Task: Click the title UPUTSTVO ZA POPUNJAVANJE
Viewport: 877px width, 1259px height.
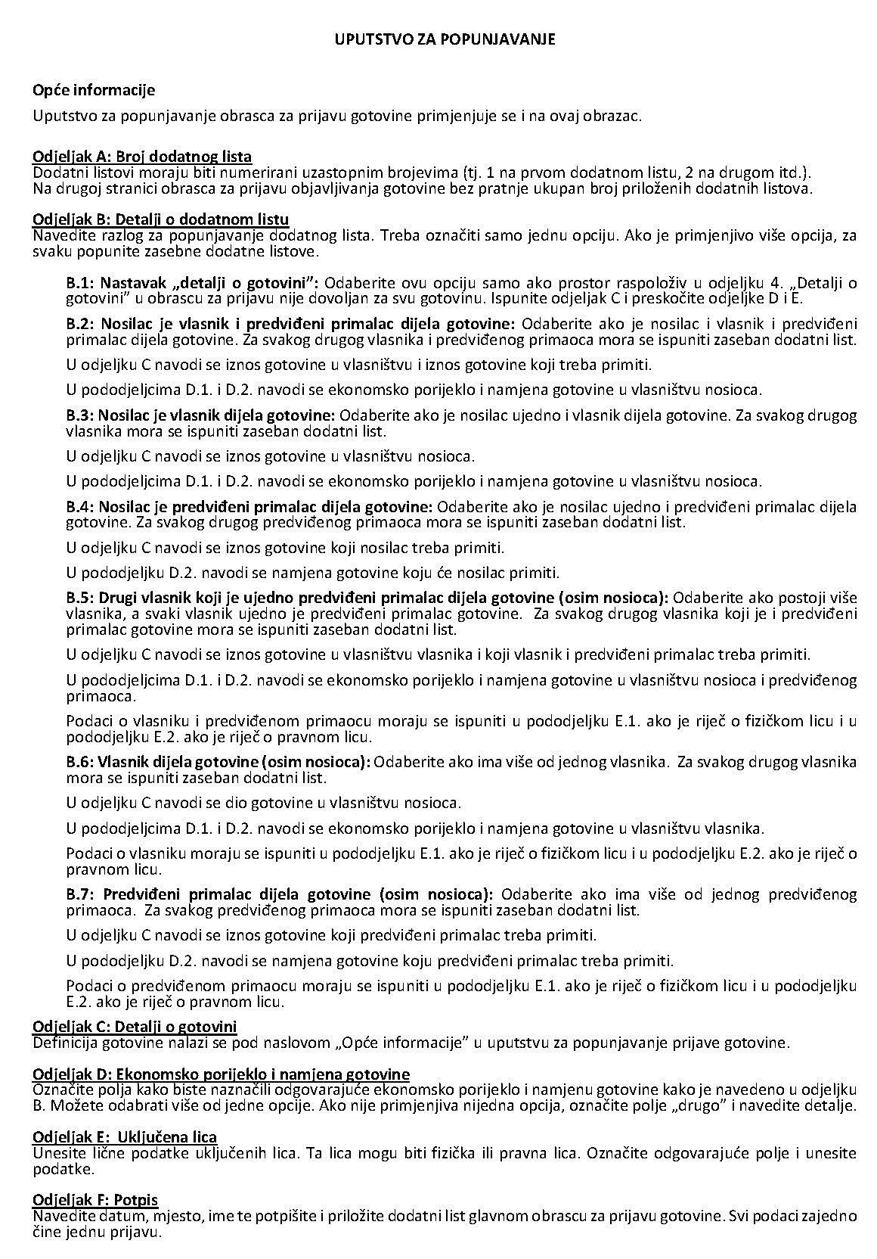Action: [445, 39]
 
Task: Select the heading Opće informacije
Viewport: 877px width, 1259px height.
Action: [94, 90]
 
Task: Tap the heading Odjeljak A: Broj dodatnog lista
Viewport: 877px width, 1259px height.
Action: [142, 157]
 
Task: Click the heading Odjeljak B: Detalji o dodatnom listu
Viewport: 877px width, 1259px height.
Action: [160, 219]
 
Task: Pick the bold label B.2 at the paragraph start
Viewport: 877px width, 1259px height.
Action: [81, 323]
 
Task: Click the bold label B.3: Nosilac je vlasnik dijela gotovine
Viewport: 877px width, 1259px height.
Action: [200, 415]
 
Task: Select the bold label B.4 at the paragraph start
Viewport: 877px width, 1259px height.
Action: [81, 505]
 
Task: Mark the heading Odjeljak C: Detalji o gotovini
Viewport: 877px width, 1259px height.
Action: [135, 1026]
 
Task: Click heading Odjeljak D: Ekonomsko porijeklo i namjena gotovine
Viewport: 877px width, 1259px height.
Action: [221, 1074]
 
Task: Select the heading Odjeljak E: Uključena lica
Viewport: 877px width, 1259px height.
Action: [125, 1137]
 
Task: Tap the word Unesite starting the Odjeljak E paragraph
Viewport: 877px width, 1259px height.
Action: [55, 1153]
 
